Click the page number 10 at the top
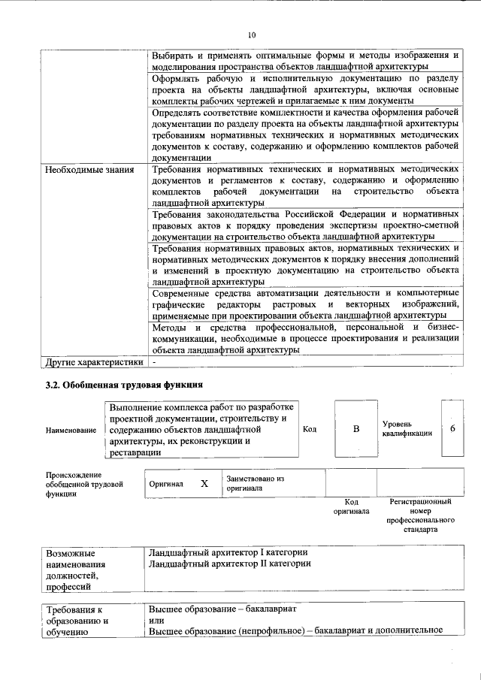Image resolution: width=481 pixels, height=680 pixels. [252, 35]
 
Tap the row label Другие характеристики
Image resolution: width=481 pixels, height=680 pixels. [94, 362]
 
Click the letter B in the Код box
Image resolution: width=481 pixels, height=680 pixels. [356, 428]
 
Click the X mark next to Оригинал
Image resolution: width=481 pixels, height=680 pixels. [204, 483]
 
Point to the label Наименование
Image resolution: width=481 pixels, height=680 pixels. [71, 430]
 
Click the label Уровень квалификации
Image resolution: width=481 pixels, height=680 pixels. [406, 429]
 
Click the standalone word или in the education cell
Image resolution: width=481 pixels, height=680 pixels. [156, 621]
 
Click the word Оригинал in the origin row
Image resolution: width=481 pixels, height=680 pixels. [166, 484]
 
